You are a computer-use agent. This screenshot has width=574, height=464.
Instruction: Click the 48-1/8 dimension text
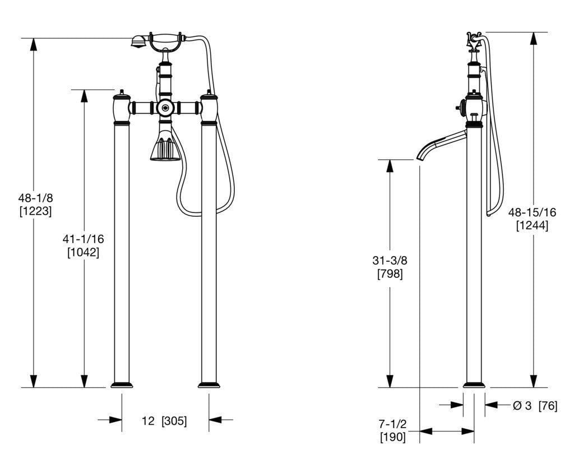tap(35, 198)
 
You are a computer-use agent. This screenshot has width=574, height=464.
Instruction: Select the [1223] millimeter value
tap(35, 211)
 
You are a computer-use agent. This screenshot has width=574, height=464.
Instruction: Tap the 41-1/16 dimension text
tap(83, 239)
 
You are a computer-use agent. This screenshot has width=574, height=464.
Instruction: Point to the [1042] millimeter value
tap(83, 252)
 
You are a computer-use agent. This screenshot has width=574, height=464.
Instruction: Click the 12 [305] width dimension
tap(164, 421)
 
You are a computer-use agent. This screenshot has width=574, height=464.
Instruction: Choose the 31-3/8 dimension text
tap(390, 261)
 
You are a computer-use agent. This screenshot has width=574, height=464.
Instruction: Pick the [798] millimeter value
tap(390, 273)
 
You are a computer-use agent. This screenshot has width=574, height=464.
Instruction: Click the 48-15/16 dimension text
tap(532, 212)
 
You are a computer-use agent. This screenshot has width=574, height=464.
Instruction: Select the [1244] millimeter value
tap(533, 225)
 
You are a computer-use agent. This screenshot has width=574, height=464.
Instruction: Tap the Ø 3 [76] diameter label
tap(535, 406)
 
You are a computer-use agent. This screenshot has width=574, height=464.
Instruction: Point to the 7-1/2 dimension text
tap(392, 424)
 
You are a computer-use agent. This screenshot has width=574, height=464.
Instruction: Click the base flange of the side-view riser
tap(474, 385)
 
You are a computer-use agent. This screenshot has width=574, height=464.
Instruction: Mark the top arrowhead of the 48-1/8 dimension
tap(33, 44)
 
